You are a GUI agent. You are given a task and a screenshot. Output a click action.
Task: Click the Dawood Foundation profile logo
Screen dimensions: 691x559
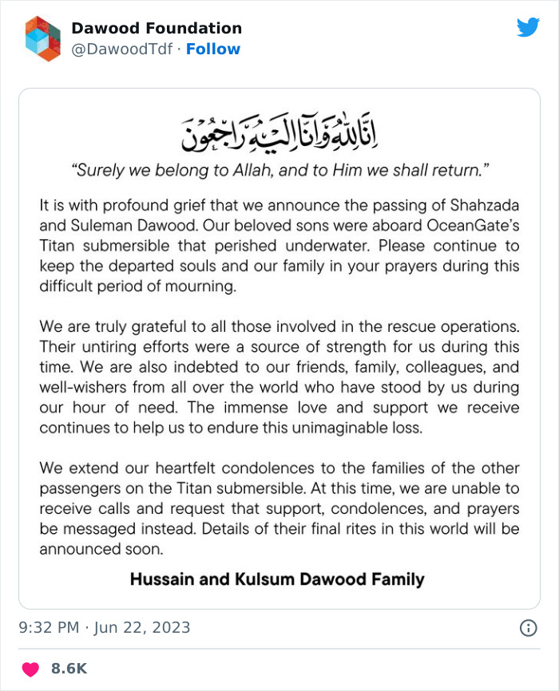(43, 38)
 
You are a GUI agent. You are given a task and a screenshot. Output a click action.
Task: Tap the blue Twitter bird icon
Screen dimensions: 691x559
(528, 28)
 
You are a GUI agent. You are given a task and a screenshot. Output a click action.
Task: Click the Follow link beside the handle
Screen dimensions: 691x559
(213, 49)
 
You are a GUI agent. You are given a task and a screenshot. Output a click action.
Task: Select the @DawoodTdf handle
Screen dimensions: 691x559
(122, 49)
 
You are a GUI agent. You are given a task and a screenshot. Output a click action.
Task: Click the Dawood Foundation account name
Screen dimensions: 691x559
(157, 29)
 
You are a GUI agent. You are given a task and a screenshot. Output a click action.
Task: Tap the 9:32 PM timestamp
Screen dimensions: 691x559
(49, 628)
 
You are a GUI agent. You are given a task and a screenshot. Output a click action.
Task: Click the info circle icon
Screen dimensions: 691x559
(528, 628)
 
